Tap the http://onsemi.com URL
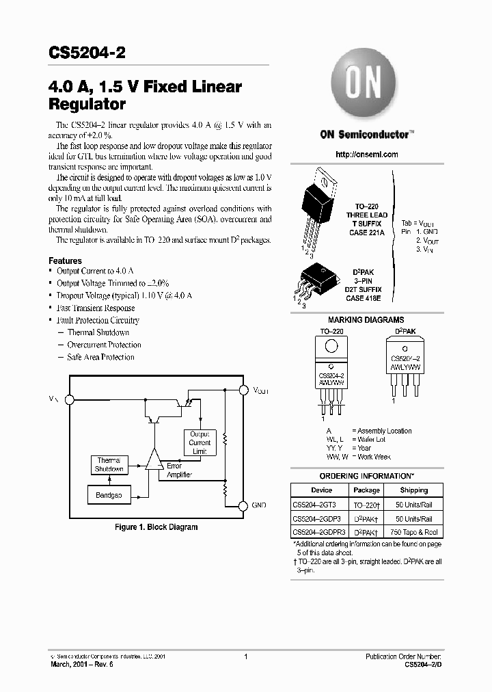click(367, 155)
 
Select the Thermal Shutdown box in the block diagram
click(109, 465)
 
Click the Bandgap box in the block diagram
click(109, 495)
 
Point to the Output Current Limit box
click(200, 443)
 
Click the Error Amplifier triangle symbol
click(153, 460)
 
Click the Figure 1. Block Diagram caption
click(156, 527)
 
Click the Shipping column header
click(413, 490)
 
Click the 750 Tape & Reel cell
click(413, 532)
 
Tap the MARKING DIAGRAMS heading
click(366, 320)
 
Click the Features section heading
click(65, 261)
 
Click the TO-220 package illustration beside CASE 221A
click(319, 209)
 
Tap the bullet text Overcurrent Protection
click(105, 345)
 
